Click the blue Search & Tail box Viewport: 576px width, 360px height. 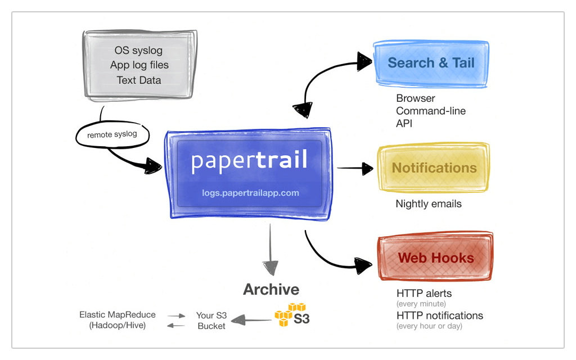pyautogui.click(x=431, y=63)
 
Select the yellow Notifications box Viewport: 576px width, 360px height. pyautogui.click(x=434, y=168)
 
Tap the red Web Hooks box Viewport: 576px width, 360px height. pyautogui.click(x=436, y=258)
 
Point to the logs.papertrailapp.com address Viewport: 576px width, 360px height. pyautogui.click(x=250, y=193)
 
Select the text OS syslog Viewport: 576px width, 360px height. pyautogui.click(x=138, y=51)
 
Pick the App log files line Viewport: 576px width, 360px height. pyautogui.click(x=139, y=65)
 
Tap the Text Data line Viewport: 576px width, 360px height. pyautogui.click(x=139, y=80)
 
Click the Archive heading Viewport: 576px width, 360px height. pyautogui.click(x=271, y=290)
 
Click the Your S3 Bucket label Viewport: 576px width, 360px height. pyautogui.click(x=211, y=321)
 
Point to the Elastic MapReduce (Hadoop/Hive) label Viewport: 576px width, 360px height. pyautogui.click(x=118, y=320)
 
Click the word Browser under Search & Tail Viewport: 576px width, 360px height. pyautogui.click(x=415, y=98)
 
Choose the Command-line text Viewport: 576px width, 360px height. pyautogui.click(x=431, y=111)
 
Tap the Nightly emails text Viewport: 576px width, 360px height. pyautogui.click(x=429, y=204)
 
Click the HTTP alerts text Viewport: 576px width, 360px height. pyautogui.click(x=424, y=293)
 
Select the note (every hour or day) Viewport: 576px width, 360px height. pyautogui.click(x=429, y=326)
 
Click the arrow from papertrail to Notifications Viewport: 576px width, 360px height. pyautogui.click(x=355, y=168)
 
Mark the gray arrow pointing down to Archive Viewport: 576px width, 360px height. pyautogui.click(x=271, y=247)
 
